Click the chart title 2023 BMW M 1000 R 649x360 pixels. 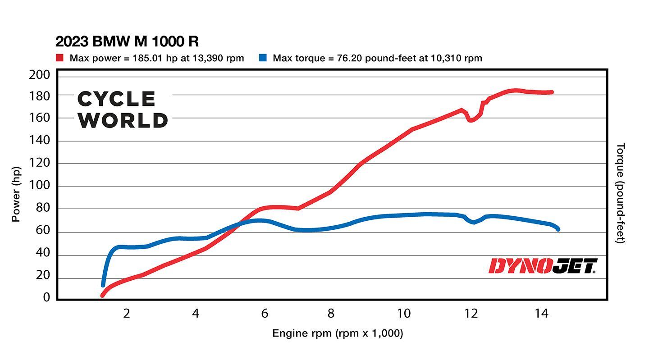click(x=127, y=42)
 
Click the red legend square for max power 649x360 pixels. click(x=59, y=58)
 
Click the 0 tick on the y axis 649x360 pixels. click(x=46, y=297)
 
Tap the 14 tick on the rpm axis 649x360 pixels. click(x=541, y=313)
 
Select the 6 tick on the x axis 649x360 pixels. click(x=264, y=313)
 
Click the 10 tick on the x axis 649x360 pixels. click(x=403, y=313)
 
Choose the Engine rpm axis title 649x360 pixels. click(x=338, y=333)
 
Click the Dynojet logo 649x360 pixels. click(x=543, y=266)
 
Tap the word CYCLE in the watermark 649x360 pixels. click(x=117, y=99)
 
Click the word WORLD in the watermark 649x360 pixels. click(x=123, y=120)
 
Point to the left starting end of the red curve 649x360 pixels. click(x=103, y=295)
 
